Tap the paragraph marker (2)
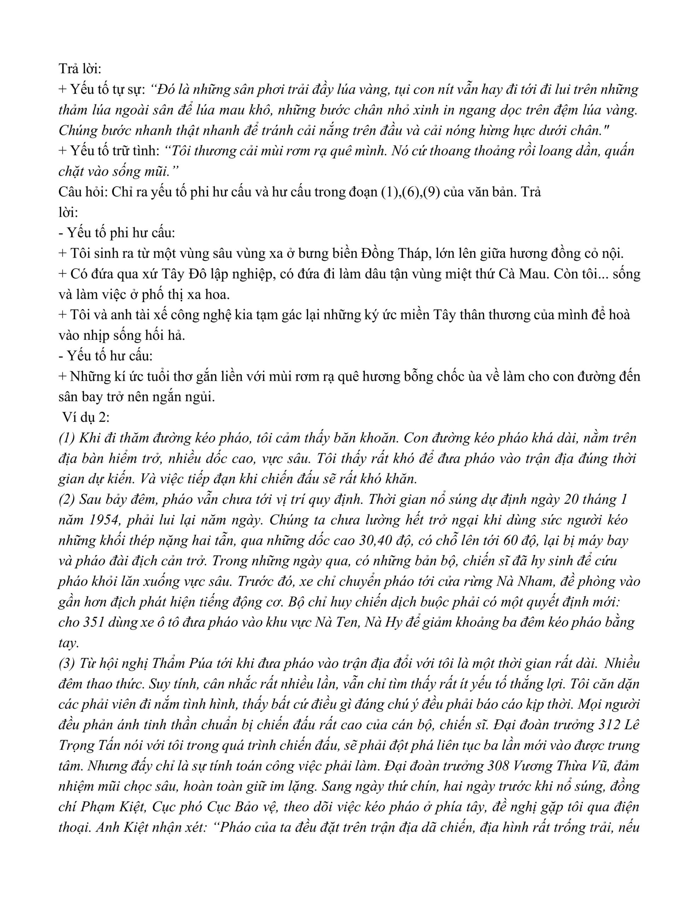(66, 500)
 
